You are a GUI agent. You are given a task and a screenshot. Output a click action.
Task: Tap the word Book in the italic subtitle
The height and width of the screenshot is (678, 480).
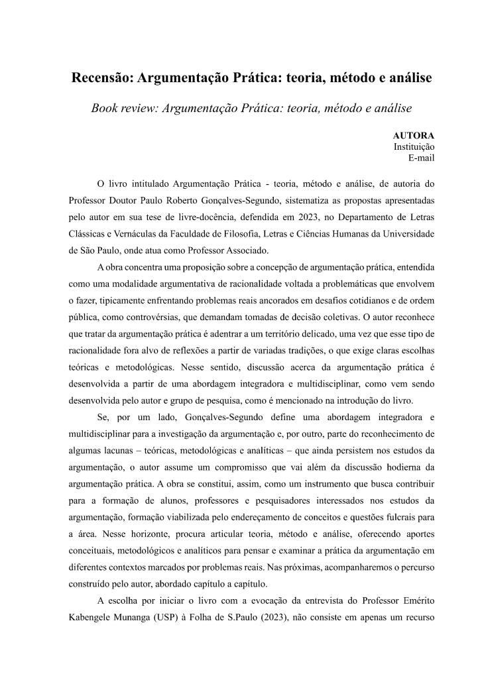click(x=107, y=107)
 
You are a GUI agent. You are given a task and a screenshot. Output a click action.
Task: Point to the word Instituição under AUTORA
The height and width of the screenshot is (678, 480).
click(x=414, y=146)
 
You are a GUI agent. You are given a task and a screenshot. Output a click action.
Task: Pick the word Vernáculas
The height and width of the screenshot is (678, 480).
click(x=138, y=234)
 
